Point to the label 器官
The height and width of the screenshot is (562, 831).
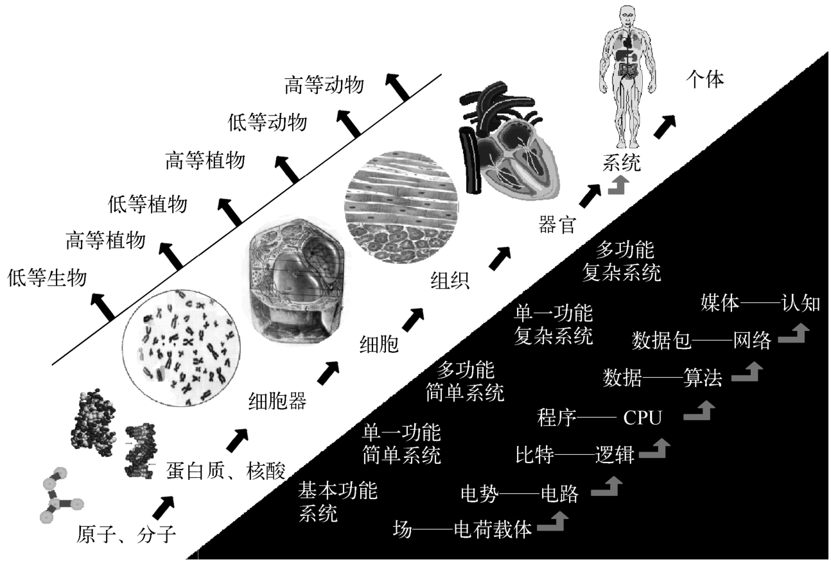pyautogui.click(x=556, y=225)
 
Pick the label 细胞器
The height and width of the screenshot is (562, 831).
pyautogui.click(x=277, y=402)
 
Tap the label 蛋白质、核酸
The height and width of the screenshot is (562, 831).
pyautogui.click(x=225, y=469)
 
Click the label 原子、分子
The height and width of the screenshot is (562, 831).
pyautogui.click(x=126, y=534)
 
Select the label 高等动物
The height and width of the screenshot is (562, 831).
pyautogui.click(x=324, y=85)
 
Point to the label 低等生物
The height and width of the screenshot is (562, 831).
pyautogui.click(x=47, y=278)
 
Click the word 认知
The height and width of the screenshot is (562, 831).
pyautogui.click(x=801, y=303)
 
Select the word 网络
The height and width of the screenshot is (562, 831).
pyautogui.click(x=752, y=341)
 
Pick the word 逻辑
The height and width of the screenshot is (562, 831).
pyautogui.click(x=615, y=455)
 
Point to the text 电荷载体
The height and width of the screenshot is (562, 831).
pyautogui.click(x=493, y=531)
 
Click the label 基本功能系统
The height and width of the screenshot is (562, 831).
pyautogui.click(x=337, y=502)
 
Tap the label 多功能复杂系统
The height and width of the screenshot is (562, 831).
pyautogui.click(x=621, y=262)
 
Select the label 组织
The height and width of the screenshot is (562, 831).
pyautogui.click(x=450, y=280)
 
